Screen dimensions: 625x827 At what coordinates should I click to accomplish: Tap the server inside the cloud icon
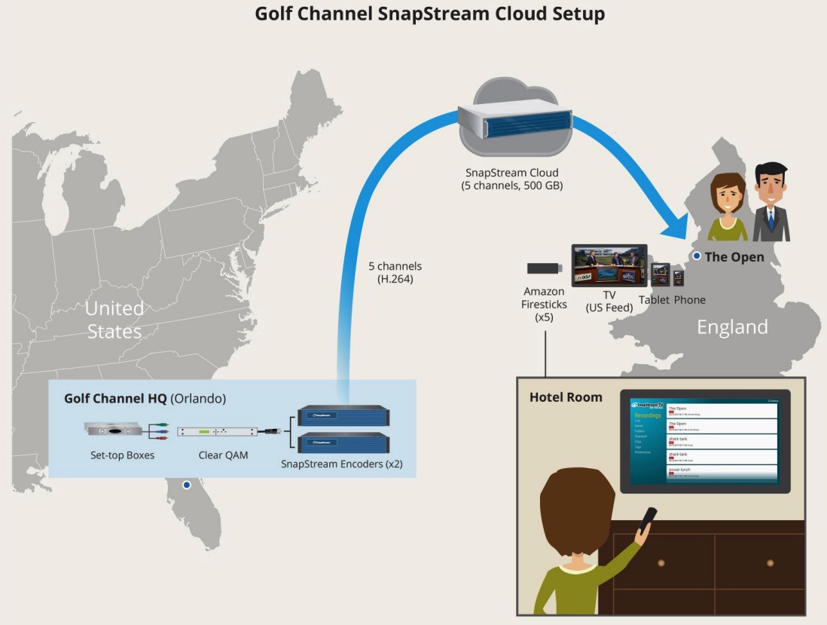(514, 121)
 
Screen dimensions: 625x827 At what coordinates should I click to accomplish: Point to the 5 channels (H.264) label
(395, 272)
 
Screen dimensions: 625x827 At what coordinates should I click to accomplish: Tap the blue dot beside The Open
(697, 256)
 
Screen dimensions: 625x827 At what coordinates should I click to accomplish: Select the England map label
(731, 326)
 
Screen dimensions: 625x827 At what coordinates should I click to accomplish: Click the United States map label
(114, 320)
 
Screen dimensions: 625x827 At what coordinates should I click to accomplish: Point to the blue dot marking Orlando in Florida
(187, 486)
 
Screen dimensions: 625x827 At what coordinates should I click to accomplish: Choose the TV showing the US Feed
(609, 265)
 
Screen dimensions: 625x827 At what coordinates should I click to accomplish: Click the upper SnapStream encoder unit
(343, 415)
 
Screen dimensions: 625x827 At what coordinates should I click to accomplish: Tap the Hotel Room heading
(566, 397)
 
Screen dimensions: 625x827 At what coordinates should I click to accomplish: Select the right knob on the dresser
(770, 563)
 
